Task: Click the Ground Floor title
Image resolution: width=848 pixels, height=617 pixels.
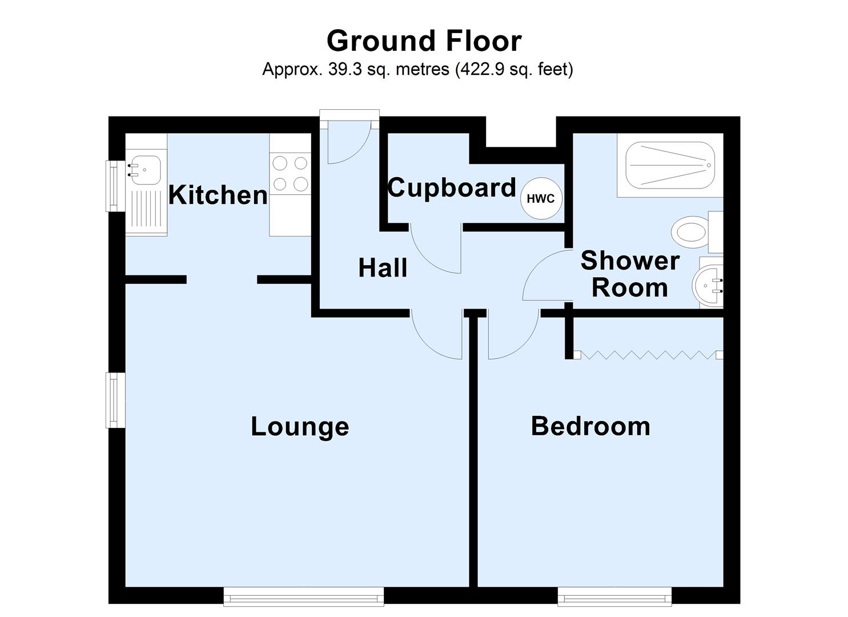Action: (424, 41)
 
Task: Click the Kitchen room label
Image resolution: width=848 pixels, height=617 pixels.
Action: (218, 195)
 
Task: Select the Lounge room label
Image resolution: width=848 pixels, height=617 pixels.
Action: (300, 426)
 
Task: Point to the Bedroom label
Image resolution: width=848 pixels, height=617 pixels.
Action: (590, 426)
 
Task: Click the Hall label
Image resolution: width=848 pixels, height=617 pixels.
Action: (383, 268)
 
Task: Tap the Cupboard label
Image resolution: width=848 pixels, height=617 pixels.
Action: (452, 188)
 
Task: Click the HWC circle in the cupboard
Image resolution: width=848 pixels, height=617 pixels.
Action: (541, 199)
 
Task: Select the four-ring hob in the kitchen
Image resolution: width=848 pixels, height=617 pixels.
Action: (290, 174)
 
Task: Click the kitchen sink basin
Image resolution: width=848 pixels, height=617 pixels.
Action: (146, 170)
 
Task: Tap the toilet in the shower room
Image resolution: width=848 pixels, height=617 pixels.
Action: (690, 233)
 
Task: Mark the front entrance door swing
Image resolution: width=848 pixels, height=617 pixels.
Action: (348, 143)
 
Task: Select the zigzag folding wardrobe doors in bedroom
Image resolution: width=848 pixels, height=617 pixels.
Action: (648, 355)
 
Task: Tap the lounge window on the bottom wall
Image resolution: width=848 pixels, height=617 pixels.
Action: (304, 596)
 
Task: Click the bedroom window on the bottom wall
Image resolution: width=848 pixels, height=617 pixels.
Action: (614, 596)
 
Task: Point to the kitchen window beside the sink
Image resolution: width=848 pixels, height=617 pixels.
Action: (115, 186)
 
